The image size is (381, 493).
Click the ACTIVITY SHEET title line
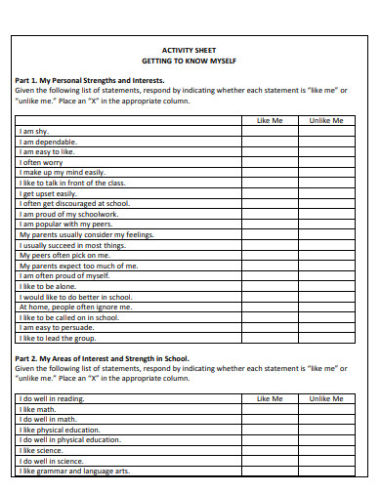[190, 50]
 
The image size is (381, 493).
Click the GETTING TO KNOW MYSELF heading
[190, 61]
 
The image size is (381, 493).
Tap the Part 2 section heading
[103, 358]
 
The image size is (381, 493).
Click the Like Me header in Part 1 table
[269, 120]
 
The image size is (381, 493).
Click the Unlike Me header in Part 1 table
[325, 120]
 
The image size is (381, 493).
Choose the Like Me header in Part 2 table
[269, 398]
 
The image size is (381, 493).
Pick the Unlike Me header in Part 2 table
[325, 398]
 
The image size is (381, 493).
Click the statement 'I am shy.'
[34, 131]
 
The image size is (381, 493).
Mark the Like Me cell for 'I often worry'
[269, 162]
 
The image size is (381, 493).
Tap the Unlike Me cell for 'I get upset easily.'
[325, 193]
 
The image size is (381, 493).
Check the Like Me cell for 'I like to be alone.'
[269, 286]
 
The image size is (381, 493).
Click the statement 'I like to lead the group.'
[56, 338]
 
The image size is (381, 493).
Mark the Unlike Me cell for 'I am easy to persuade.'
[325, 327]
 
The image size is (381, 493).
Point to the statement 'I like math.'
[38, 409]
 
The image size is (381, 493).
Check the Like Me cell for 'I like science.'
[269, 450]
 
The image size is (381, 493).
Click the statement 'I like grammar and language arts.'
[73, 471]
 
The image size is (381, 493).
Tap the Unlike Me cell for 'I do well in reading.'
[325, 399]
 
